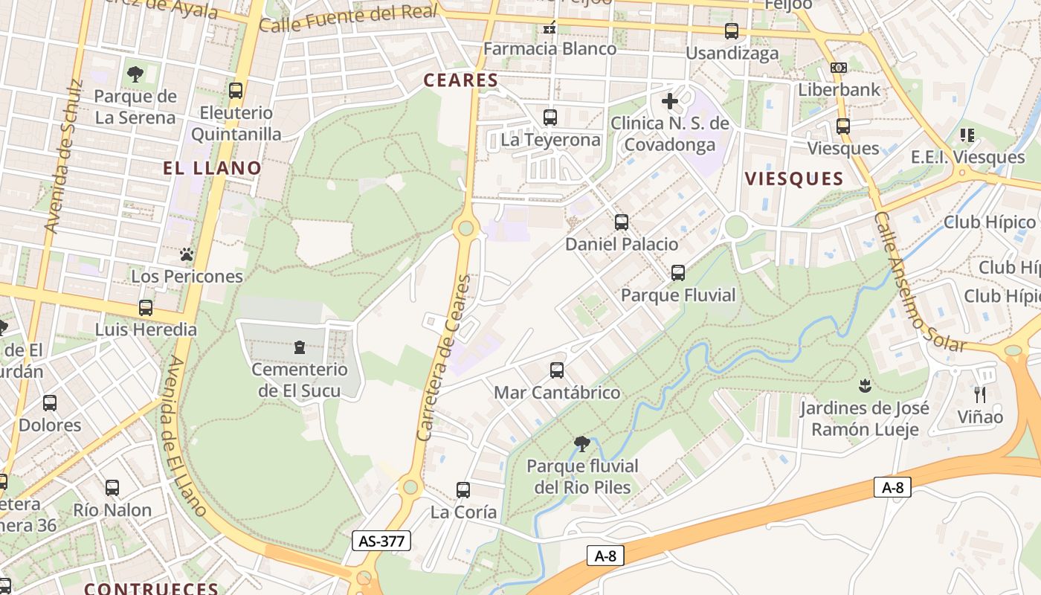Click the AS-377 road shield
[x=381, y=541]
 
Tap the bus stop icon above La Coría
[x=463, y=490]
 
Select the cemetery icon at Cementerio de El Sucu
[x=299, y=347]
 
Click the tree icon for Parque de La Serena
[x=135, y=74]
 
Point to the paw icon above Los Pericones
[x=186, y=254]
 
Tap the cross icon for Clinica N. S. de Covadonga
[x=669, y=101]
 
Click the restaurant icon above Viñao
[x=979, y=394]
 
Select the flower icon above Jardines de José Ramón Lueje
[x=864, y=386]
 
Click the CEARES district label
[x=460, y=80]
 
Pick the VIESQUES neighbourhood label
[x=794, y=178]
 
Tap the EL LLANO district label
[x=212, y=168]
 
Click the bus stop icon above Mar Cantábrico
[x=556, y=370]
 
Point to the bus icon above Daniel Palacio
[x=621, y=222]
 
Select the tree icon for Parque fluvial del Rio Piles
[x=582, y=444]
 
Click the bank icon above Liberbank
[x=838, y=68]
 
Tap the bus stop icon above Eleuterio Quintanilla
[x=236, y=91]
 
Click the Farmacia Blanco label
[x=549, y=49]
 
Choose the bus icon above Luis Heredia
[x=146, y=308]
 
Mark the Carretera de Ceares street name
[x=444, y=358]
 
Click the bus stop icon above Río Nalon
[x=112, y=488]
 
